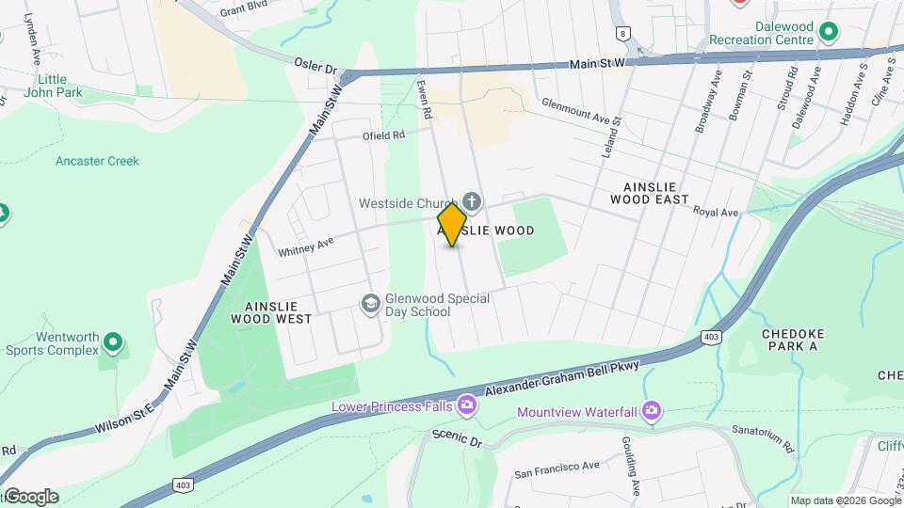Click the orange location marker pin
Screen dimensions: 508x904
(453, 225)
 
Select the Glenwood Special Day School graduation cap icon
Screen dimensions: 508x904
(371, 302)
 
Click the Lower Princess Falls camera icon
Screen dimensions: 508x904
(466, 405)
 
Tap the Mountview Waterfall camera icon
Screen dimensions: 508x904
(651, 410)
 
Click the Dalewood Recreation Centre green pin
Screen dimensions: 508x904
(828, 33)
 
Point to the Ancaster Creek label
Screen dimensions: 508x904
(97, 161)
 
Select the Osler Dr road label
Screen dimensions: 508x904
(315, 68)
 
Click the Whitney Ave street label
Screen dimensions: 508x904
(306, 247)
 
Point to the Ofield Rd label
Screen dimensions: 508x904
(384, 135)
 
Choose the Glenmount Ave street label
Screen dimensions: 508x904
(574, 112)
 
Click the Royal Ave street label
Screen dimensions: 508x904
(716, 213)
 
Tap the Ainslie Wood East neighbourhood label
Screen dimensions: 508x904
(650, 193)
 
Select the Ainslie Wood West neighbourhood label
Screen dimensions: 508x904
(271, 312)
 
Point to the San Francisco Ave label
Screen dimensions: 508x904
(557, 466)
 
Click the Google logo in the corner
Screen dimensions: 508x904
(30, 497)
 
